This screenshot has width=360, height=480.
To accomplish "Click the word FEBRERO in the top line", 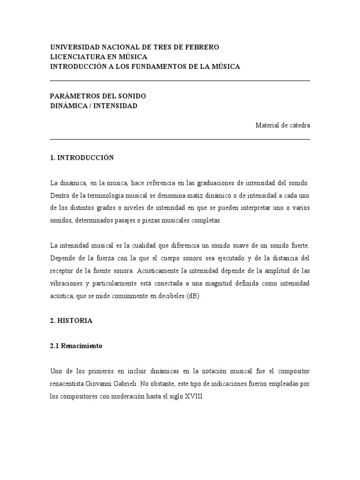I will (x=202, y=47).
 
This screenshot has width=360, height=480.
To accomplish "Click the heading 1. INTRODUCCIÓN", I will (x=82, y=158).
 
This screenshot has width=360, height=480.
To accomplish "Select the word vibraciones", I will (x=69, y=284).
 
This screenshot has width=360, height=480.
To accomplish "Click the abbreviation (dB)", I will (x=193, y=297).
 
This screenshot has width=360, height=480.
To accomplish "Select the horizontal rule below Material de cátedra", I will (x=180, y=139).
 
